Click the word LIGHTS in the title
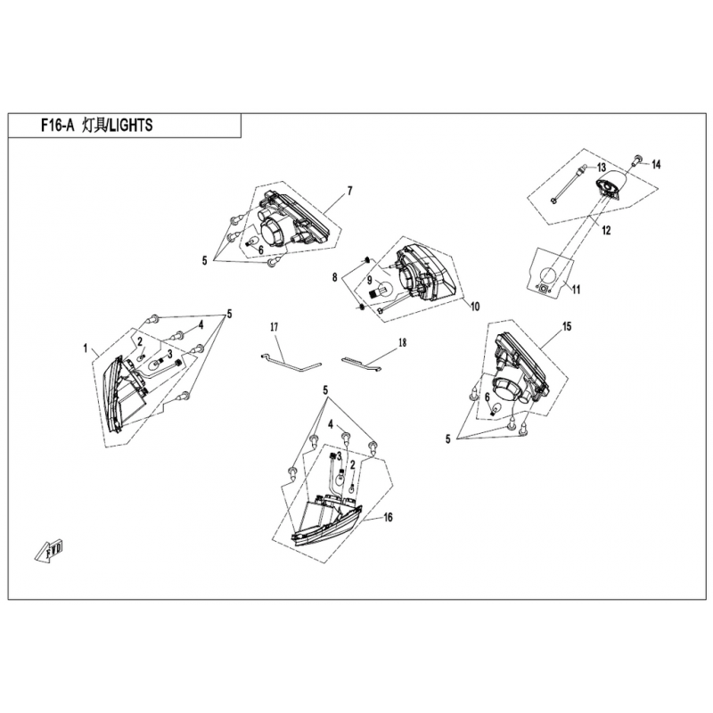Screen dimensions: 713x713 (x=132, y=126)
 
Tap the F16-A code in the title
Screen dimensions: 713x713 (x=58, y=126)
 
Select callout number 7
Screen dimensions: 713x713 (x=349, y=191)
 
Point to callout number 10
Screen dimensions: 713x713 (x=474, y=307)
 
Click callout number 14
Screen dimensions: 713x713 (x=656, y=165)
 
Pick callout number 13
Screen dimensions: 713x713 (x=602, y=168)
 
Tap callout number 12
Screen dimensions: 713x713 (x=606, y=231)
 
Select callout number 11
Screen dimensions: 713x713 (x=576, y=289)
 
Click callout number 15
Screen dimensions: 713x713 (x=567, y=326)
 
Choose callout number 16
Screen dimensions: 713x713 (x=388, y=518)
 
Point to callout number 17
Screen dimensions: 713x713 (x=274, y=327)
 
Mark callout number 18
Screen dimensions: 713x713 (x=403, y=342)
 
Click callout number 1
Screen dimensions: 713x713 (x=85, y=348)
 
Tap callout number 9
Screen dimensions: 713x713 (x=369, y=281)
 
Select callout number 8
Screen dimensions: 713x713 (x=335, y=277)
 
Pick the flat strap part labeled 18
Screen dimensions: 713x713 (x=362, y=362)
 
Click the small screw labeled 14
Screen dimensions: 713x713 (x=637, y=160)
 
